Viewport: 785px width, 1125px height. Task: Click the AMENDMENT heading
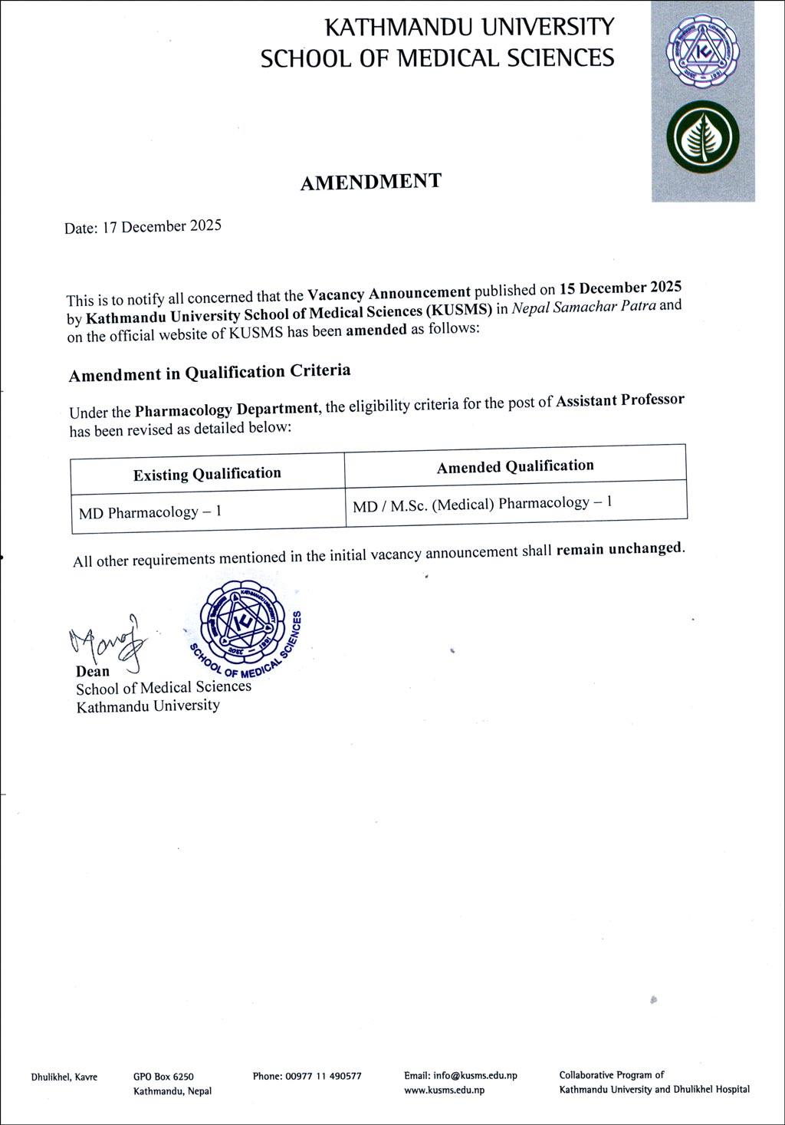click(370, 183)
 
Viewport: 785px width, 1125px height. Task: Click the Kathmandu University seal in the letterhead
click(702, 52)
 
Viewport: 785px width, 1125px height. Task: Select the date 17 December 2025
click(162, 226)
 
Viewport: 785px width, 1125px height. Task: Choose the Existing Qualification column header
click(207, 474)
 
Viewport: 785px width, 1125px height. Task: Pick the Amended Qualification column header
click(515, 466)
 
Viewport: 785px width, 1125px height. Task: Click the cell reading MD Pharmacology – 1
click(150, 512)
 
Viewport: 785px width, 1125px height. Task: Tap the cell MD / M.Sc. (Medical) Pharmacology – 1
click(482, 504)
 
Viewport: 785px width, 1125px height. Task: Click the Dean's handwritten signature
click(108, 641)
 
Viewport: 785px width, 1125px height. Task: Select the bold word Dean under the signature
click(93, 671)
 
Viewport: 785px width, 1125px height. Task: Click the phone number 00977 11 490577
click(324, 1076)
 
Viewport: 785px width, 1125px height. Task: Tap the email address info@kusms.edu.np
click(475, 1075)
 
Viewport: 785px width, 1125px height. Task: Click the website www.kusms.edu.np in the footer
click(444, 1090)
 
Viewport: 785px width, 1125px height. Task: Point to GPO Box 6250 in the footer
click(163, 1077)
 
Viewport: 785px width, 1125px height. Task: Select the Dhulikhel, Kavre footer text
click(64, 1077)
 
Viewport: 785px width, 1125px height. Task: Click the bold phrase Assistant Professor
click(619, 400)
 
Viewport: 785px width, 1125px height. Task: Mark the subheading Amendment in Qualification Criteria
click(209, 373)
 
